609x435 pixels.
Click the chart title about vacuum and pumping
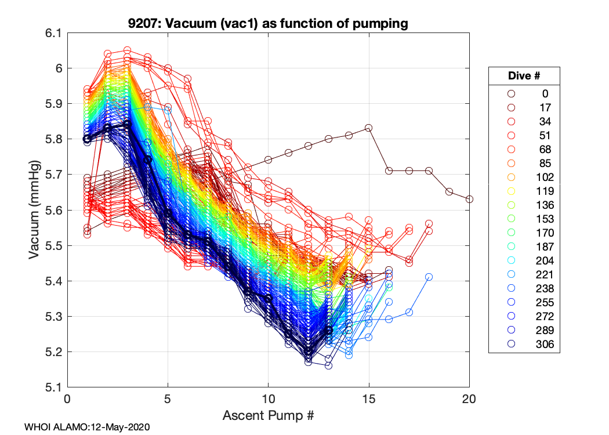click(x=269, y=24)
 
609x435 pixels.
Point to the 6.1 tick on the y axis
click(x=53, y=33)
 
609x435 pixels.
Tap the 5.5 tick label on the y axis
click(x=53, y=246)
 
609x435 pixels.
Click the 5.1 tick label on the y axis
click(x=53, y=387)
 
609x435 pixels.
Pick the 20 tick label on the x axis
click(x=469, y=400)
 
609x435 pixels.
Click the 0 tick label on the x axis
click(x=68, y=400)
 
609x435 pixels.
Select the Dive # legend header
click(x=524, y=76)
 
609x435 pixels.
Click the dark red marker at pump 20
click(x=469, y=199)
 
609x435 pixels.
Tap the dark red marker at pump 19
click(x=449, y=191)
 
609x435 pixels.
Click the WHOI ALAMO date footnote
click(x=87, y=427)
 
